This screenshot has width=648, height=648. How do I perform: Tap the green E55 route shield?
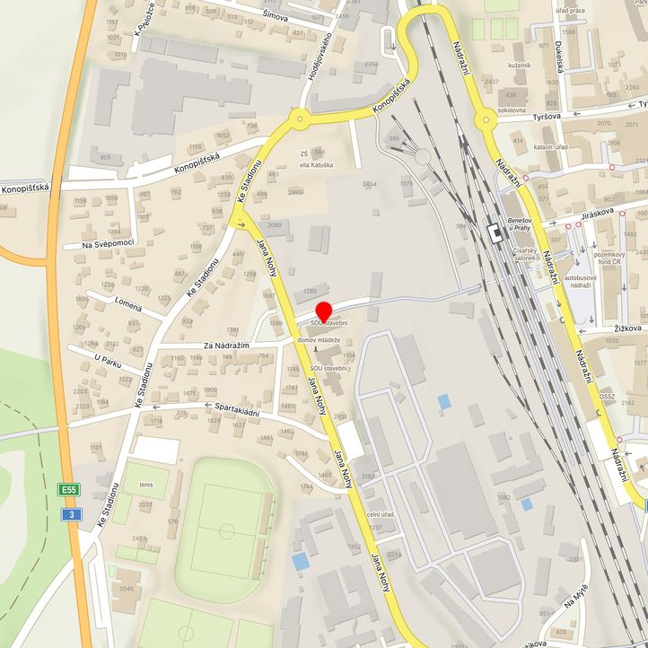click(x=69, y=489)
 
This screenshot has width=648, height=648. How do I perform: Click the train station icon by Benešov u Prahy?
click(x=494, y=232)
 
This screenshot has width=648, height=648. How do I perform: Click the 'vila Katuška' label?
click(x=316, y=166)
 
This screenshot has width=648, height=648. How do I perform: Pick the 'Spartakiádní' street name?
click(x=237, y=411)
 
